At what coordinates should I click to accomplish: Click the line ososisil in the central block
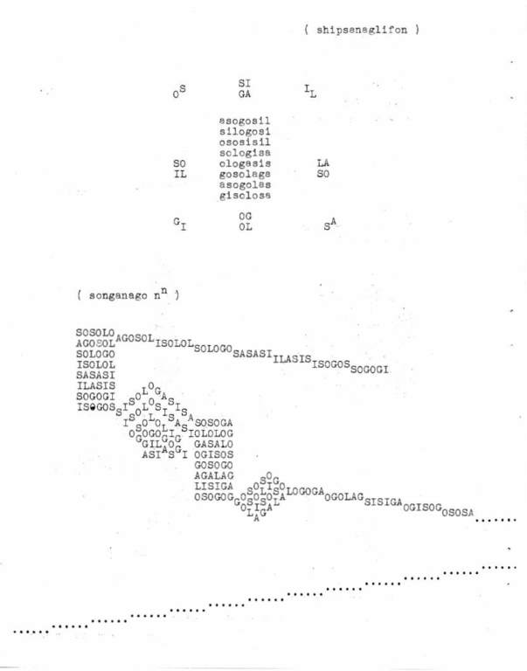[245, 142]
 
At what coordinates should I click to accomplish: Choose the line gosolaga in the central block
[245, 175]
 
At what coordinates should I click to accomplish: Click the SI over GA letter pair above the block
[245, 87]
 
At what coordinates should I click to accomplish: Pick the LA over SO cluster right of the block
[323, 169]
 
